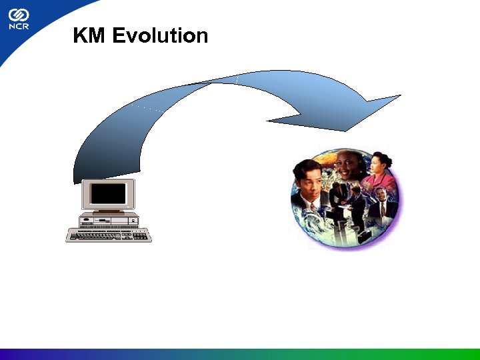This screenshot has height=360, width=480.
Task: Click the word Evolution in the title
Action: point(160,35)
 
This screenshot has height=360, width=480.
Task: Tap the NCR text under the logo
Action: point(19,29)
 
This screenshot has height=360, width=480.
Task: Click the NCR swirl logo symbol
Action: point(19,15)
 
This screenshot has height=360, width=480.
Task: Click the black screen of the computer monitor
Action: point(108,194)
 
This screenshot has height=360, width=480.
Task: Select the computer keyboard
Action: point(109,235)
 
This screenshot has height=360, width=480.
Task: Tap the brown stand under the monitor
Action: point(108,213)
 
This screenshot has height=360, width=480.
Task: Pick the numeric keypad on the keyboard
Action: point(140,235)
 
